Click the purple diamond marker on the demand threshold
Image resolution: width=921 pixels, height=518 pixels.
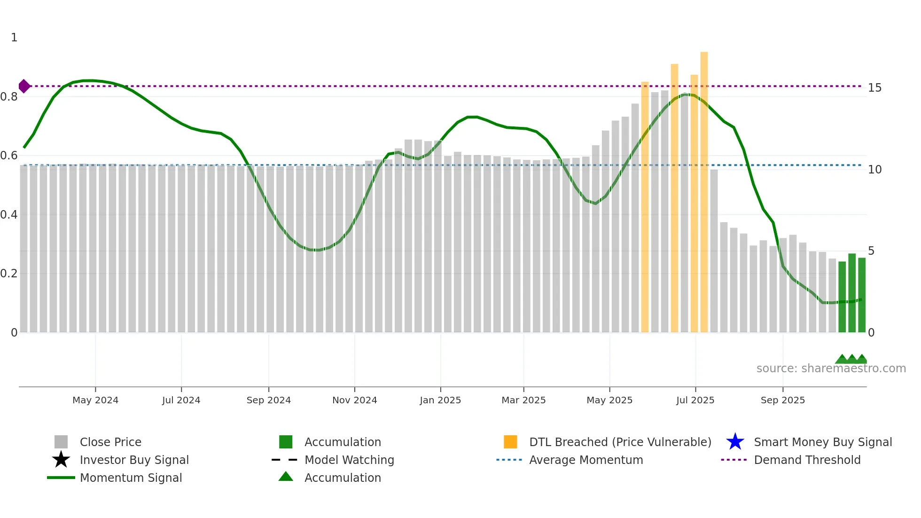(x=24, y=86)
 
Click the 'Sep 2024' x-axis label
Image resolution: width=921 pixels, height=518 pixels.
(x=268, y=400)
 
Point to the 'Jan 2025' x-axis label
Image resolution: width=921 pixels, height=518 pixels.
(x=440, y=400)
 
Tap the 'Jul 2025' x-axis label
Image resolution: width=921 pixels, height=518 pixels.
(x=695, y=400)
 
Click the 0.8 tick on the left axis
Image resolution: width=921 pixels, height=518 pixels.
(x=9, y=97)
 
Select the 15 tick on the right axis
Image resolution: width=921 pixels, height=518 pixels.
(x=874, y=88)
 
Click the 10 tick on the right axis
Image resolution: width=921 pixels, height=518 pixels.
(x=874, y=170)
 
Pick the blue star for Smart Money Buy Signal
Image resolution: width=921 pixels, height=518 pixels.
(x=735, y=442)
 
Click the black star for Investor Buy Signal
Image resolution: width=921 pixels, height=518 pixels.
(x=61, y=460)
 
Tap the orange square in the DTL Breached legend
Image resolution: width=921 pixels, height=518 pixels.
(x=510, y=442)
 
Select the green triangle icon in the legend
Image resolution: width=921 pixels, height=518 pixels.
(x=286, y=477)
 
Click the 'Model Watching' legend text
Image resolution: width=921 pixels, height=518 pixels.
(x=349, y=460)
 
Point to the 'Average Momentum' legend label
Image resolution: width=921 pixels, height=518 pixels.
(x=586, y=460)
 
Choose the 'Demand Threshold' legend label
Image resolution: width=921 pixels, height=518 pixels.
(x=807, y=460)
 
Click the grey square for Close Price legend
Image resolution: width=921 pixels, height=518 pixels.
(x=61, y=442)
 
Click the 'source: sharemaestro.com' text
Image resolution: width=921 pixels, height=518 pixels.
(x=831, y=369)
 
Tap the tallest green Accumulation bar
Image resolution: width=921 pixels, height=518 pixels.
(x=852, y=293)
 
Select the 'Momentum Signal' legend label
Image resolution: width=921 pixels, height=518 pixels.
(x=131, y=478)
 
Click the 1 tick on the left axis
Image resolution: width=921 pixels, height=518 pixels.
(x=14, y=38)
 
